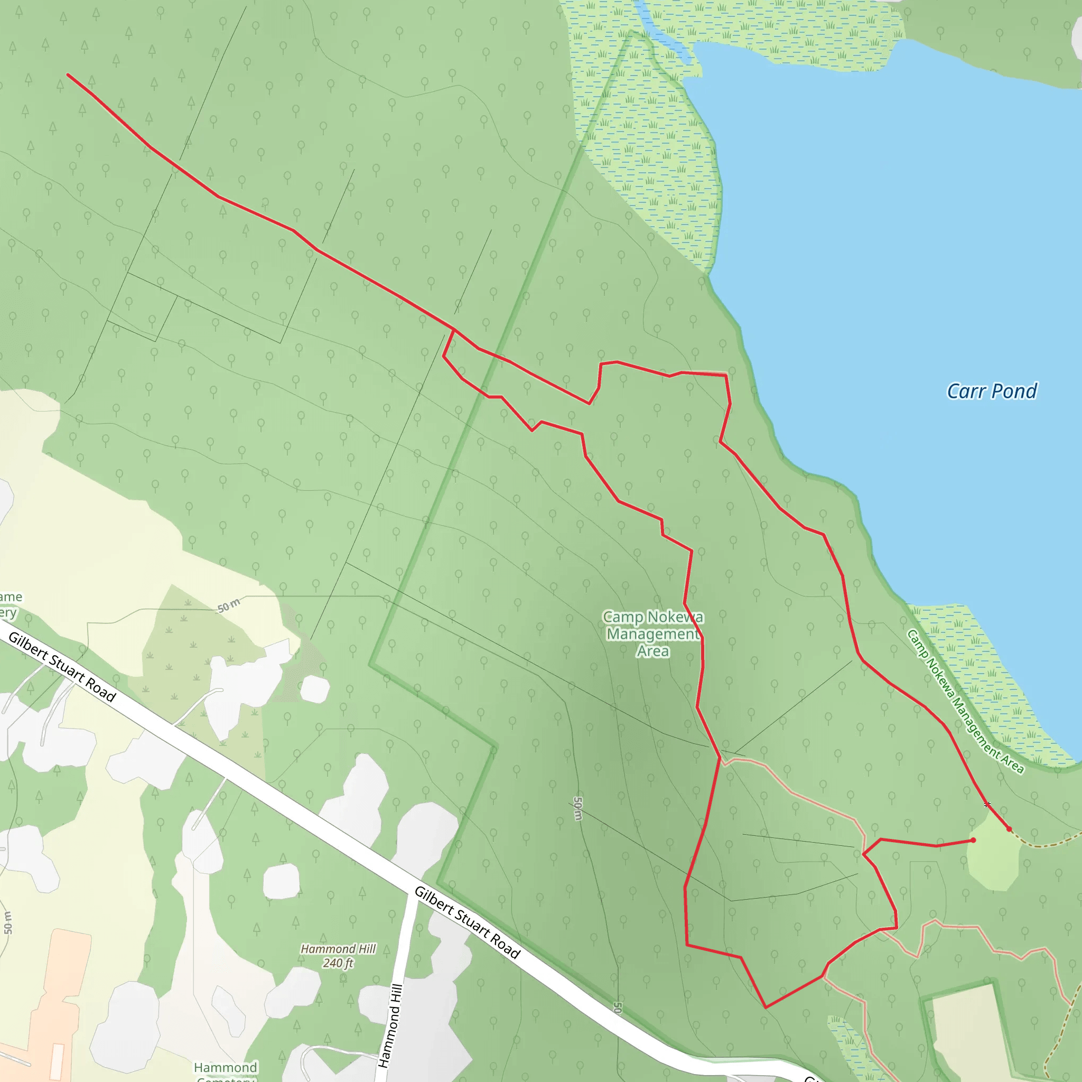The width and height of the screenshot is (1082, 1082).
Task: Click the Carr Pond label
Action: pos(991,391)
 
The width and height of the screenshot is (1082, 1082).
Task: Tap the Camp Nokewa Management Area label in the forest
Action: pos(653,633)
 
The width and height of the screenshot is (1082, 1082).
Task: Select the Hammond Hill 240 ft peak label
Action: pos(338,956)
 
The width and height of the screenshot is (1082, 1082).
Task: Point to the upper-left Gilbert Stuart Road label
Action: pos(62,667)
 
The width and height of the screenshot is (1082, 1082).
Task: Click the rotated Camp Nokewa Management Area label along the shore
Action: pos(964,701)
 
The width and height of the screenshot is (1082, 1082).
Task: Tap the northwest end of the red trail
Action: pos(68,74)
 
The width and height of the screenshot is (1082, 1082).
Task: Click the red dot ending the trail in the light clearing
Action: pos(973,840)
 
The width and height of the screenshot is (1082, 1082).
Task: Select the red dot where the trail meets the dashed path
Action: pos(1009,829)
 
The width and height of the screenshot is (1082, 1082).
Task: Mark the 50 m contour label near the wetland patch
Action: pos(228,605)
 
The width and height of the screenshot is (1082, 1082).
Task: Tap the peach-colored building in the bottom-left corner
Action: pos(56,1008)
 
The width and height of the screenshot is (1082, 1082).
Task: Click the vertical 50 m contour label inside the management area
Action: pos(578,809)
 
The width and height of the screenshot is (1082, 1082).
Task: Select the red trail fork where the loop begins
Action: pos(454,330)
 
